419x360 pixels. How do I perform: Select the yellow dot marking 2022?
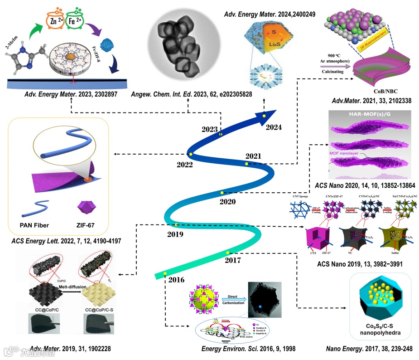191,155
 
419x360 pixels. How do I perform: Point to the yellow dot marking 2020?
222,193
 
